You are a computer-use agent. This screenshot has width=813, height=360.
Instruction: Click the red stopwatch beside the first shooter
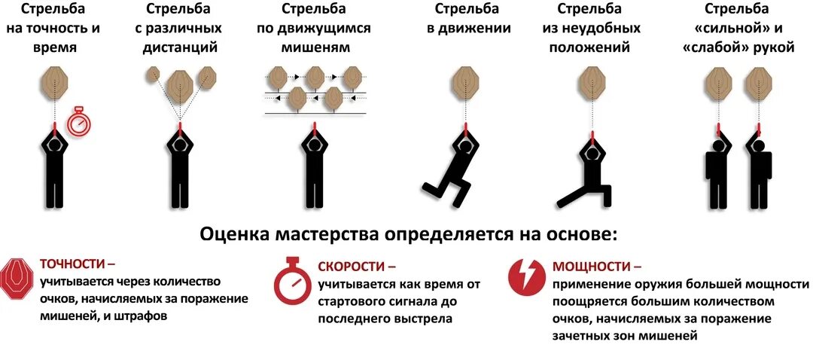click(x=78, y=122)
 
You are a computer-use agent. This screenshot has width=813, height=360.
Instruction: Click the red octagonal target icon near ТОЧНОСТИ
click(x=16, y=277)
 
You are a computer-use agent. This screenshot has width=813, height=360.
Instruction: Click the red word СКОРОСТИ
click(x=351, y=267)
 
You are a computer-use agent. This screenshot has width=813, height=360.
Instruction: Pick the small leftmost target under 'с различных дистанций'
click(x=154, y=74)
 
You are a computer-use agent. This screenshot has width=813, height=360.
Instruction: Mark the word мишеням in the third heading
click(x=313, y=47)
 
